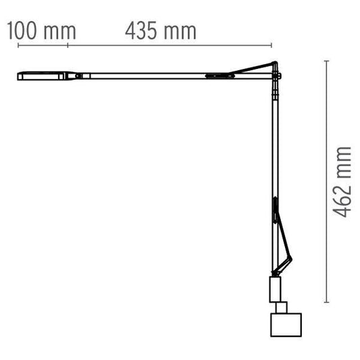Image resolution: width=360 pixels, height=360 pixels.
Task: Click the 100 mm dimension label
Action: point(40,31)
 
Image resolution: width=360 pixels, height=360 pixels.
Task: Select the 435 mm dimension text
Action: point(161,31)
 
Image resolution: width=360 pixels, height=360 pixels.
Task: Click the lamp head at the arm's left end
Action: point(41,76)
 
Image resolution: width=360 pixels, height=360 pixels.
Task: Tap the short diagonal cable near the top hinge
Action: point(253,68)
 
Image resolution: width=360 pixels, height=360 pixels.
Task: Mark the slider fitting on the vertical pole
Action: point(275,209)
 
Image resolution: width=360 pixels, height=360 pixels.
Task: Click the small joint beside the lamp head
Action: point(79,76)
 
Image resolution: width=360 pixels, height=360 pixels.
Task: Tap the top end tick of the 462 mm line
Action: point(327,61)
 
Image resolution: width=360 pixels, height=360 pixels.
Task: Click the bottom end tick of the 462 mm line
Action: point(327,302)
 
